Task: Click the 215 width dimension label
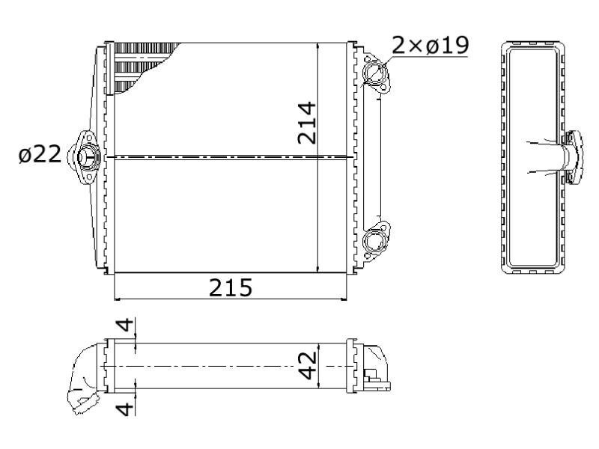pyautogui.click(x=231, y=287)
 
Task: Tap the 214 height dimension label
pyautogui.click(x=307, y=123)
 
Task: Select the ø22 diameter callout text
pyautogui.click(x=40, y=154)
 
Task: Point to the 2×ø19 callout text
pyautogui.click(x=431, y=45)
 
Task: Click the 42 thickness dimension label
pyautogui.click(x=308, y=366)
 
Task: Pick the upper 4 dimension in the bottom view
pyautogui.click(x=125, y=326)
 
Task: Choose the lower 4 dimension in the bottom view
pyautogui.click(x=125, y=408)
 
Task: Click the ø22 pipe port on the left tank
pyautogui.click(x=85, y=157)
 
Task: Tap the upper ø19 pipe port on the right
pyautogui.click(x=374, y=73)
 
